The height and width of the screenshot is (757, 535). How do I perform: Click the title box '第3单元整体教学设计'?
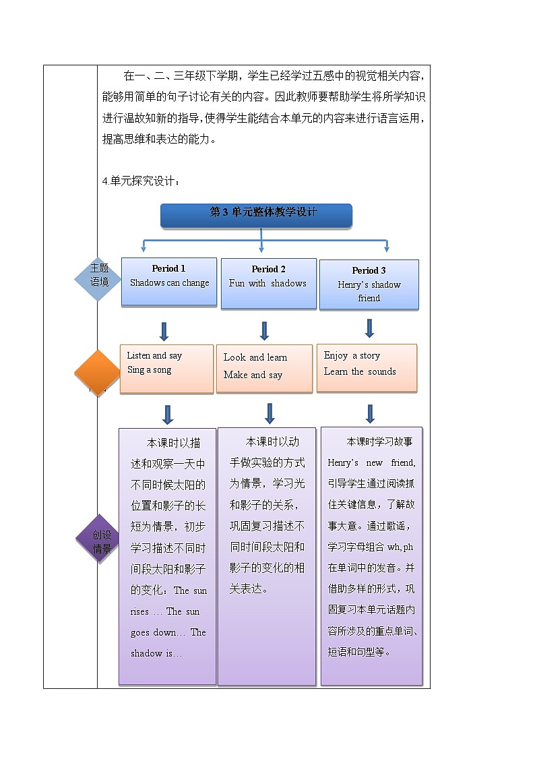pos(256,214)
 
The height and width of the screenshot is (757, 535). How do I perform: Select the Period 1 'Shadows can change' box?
pos(169,282)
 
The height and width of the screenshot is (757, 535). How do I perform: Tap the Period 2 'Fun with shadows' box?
pos(268,283)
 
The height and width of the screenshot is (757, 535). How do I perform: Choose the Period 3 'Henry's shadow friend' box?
pos(369,284)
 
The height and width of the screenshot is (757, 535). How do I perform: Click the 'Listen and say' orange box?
pos(166,369)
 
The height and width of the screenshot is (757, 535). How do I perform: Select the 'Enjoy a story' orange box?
pos(367,367)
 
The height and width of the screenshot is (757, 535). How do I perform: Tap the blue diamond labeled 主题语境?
pos(99,276)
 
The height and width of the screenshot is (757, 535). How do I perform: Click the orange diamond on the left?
pos(98,373)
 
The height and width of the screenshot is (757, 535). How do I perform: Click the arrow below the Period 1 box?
pos(164,331)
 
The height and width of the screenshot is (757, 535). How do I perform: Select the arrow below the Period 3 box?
pos(369,328)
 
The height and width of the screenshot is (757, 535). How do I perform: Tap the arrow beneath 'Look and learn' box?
pos(270,413)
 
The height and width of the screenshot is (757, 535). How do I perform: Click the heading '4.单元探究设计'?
pos(141,180)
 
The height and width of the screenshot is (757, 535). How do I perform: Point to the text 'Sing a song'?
pos(150,370)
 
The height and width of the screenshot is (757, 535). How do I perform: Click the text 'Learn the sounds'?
pos(360,371)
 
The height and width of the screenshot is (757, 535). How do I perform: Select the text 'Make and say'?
pos(253,375)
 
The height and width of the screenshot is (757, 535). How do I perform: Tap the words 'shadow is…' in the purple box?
pos(156,653)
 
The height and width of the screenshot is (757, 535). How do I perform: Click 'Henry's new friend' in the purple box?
pos(371,462)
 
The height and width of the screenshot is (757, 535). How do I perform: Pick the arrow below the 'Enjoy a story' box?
pos(369,413)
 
